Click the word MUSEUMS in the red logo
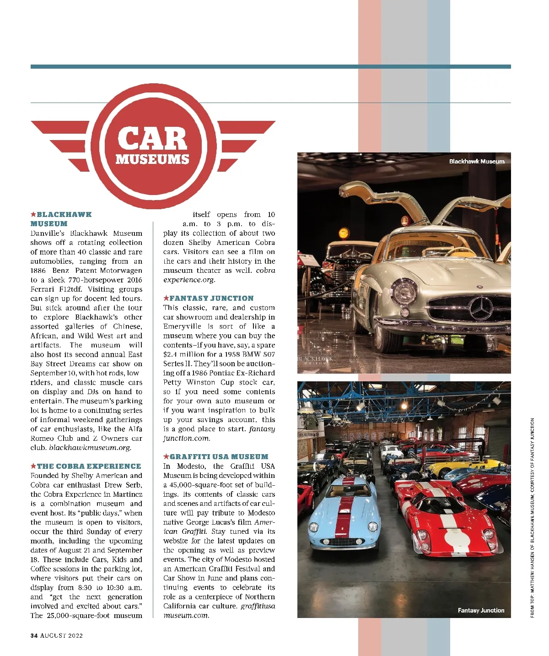tap(152, 159)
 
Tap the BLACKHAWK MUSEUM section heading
tap(61, 219)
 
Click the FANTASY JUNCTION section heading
tap(211, 298)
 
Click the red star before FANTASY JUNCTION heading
tap(166, 298)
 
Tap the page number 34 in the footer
tap(34, 635)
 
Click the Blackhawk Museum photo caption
tap(477, 162)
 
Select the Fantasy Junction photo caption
tap(481, 610)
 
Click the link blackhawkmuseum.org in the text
tap(90, 448)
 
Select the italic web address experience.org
tap(189, 280)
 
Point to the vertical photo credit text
tap(532, 517)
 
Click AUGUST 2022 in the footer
tap(61, 635)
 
